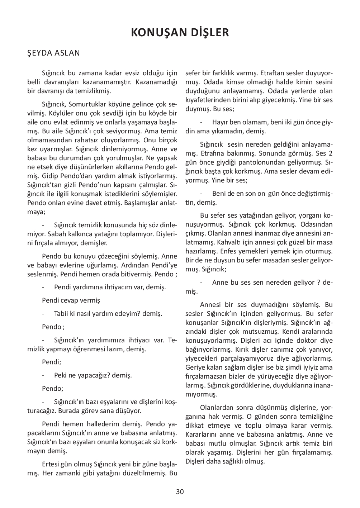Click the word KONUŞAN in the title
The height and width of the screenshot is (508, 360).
pos(158,33)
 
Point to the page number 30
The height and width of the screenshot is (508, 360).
pos(180,492)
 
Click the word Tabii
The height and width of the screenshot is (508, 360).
pos(61,313)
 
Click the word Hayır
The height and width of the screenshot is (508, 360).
pos(220,122)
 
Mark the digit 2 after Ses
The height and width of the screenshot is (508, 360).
pos(331,153)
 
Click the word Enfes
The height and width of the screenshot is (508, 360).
pos(229,251)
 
